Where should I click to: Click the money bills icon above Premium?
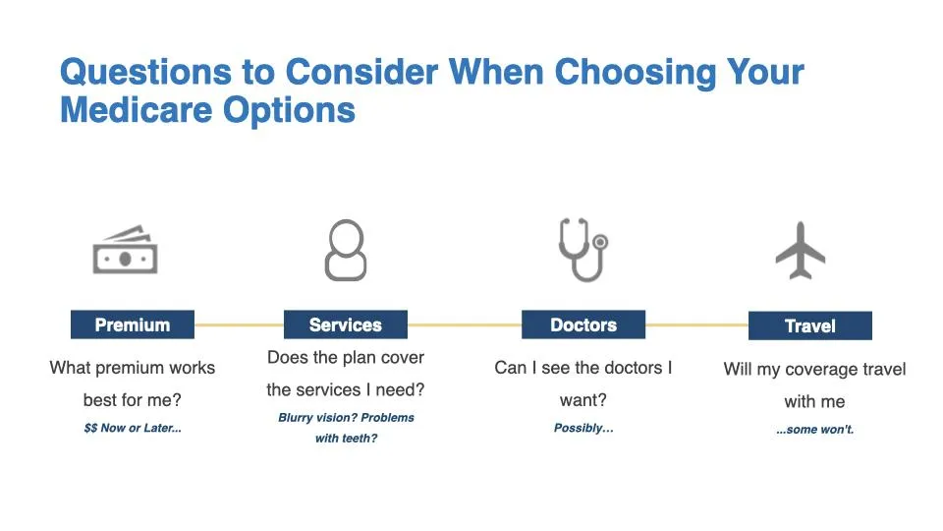tap(125, 250)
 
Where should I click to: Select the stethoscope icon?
tap(582, 249)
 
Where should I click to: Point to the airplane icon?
tap(801, 251)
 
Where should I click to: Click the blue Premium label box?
tap(133, 324)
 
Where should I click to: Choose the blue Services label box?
tap(346, 324)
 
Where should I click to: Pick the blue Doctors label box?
tap(583, 324)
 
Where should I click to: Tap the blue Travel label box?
tap(810, 325)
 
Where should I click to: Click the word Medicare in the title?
tap(137, 110)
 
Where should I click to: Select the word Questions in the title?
tap(145, 73)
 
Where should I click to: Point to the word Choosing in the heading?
tap(636, 73)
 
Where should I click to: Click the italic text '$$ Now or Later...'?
tap(133, 428)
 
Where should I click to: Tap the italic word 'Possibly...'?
tap(583, 428)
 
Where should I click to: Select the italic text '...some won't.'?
tap(815, 430)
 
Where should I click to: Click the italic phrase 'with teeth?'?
tap(346, 439)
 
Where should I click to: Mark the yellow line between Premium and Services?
tap(239, 324)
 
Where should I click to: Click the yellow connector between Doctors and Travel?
tap(696, 325)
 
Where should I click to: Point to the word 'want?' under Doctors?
tap(583, 400)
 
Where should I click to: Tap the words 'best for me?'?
tap(133, 400)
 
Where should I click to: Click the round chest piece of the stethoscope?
tap(600, 242)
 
